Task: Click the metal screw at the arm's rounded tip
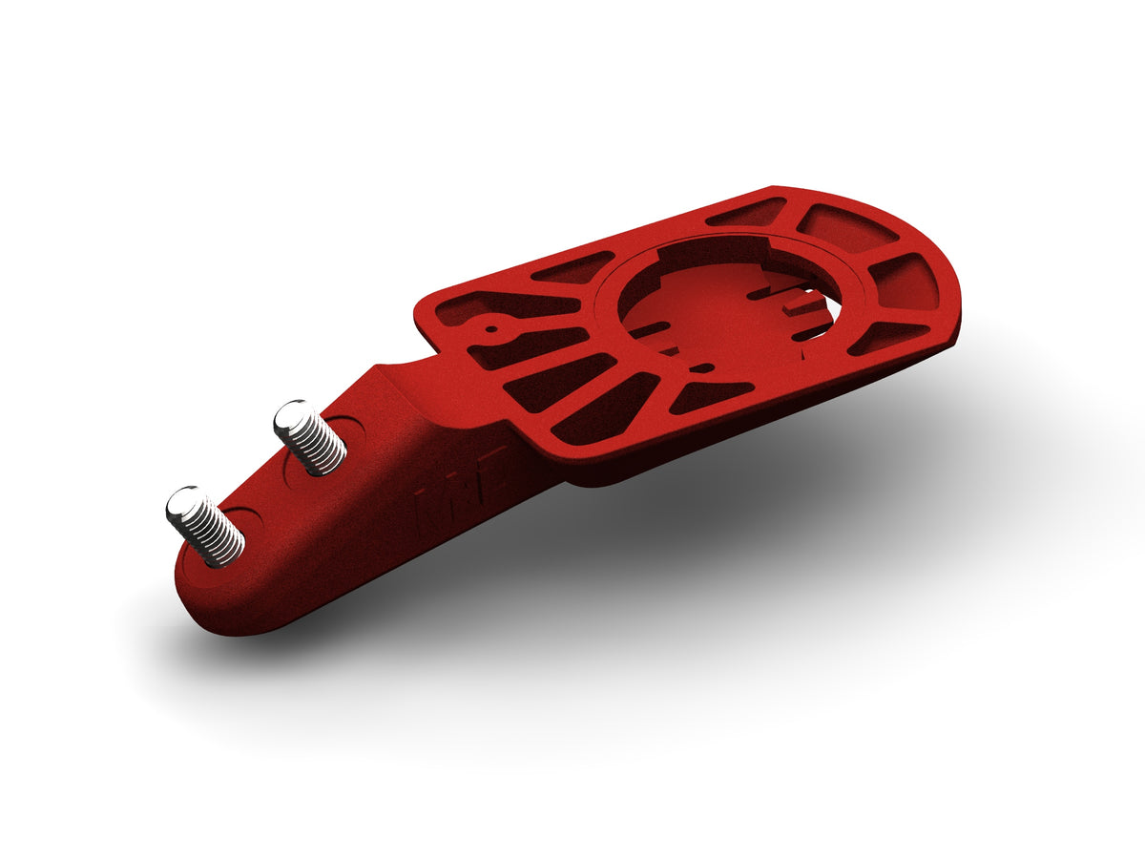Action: coord(204,526)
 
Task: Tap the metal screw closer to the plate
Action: coord(309,437)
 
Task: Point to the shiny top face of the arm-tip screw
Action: coord(185,503)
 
